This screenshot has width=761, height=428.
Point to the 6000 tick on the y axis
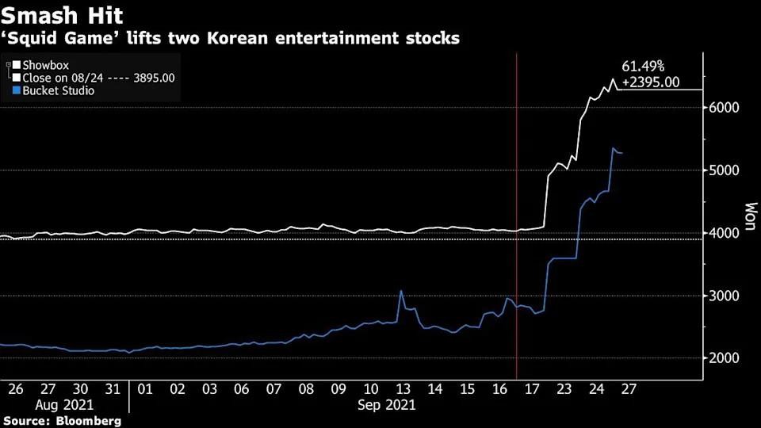coord(725,108)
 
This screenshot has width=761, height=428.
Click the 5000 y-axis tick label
coord(725,170)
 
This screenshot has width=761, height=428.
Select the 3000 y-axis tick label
coord(725,296)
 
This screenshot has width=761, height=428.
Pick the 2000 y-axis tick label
coord(725,358)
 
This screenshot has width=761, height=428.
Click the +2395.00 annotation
coord(652,82)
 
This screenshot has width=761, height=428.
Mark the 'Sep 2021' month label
coord(387,404)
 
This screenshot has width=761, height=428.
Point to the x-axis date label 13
coord(403,389)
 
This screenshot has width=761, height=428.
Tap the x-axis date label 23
coord(564,389)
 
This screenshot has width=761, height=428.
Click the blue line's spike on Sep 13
coord(401,291)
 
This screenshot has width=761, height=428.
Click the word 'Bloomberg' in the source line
coord(88,421)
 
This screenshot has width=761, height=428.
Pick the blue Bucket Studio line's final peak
coord(612,148)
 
